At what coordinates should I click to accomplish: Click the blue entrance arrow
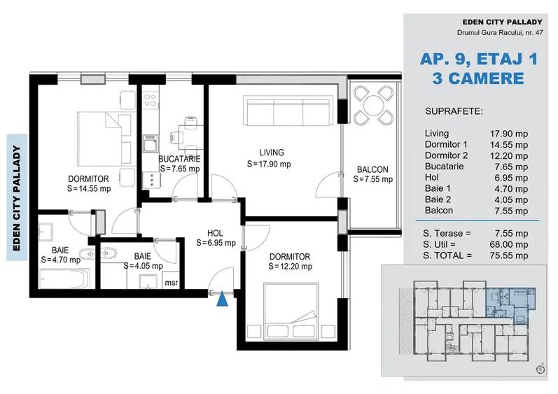pyautogui.click(x=222, y=300)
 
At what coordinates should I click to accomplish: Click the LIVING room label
pyautogui.click(x=271, y=153)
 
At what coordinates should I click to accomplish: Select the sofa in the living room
pyautogui.click(x=287, y=111)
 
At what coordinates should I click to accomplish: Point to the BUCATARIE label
pyautogui.click(x=179, y=159)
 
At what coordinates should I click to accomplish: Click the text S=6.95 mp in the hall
pyautogui.click(x=215, y=244)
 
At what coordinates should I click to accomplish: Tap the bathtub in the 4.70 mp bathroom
pyautogui.click(x=62, y=279)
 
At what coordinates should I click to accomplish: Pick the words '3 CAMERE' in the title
pyautogui.click(x=478, y=78)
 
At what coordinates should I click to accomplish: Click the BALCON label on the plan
pyautogui.click(x=372, y=169)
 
